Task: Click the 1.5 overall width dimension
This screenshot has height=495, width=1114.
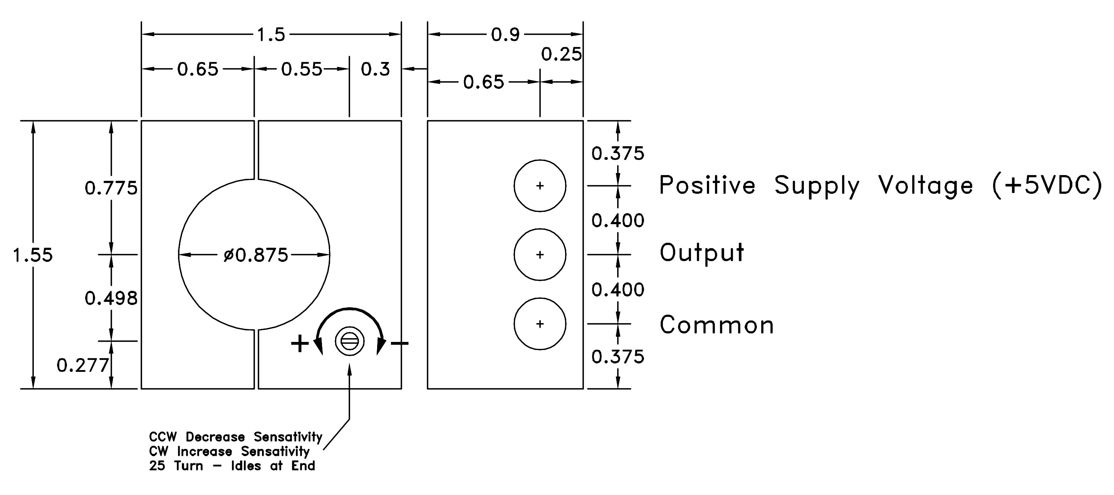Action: [271, 35]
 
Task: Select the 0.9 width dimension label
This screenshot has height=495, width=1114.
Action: [505, 35]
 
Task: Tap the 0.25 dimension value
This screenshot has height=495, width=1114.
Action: [561, 55]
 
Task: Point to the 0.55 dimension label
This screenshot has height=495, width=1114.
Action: [302, 69]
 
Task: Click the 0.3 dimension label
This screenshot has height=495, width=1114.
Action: [375, 69]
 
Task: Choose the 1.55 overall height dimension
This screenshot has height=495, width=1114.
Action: [33, 255]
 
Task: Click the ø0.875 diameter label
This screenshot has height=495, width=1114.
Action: [256, 255]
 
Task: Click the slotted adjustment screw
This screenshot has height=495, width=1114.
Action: [349, 341]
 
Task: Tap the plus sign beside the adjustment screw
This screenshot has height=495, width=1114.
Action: [300, 344]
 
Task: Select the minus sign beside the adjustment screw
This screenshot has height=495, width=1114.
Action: [399, 343]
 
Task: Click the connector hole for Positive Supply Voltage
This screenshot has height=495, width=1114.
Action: [540, 186]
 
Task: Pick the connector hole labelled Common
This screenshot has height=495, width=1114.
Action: [540, 324]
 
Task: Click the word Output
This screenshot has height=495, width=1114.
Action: [701, 253]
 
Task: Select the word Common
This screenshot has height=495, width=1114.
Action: [716, 325]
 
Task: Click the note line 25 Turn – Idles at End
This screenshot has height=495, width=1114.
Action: [232, 466]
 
